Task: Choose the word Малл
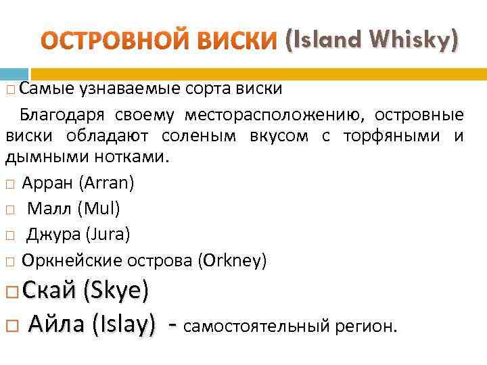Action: [50, 209]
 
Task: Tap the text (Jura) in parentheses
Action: [108, 234]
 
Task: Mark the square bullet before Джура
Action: [9, 235]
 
